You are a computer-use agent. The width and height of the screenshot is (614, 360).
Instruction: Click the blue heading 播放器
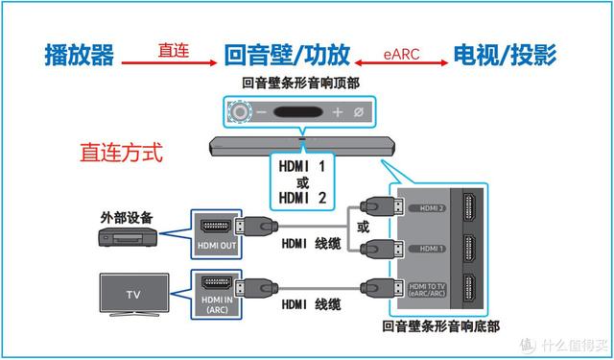[x=80, y=55]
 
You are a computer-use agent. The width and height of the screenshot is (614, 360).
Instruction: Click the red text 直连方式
[x=122, y=152]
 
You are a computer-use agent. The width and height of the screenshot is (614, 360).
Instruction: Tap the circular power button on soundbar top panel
[x=240, y=112]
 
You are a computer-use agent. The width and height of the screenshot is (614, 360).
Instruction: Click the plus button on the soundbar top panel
[x=337, y=112]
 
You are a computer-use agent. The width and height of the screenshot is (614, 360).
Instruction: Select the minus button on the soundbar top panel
[x=260, y=112]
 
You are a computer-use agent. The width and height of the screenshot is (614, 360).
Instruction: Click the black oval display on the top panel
[x=298, y=112]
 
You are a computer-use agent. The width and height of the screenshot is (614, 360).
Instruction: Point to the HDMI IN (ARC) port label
[x=216, y=306]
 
